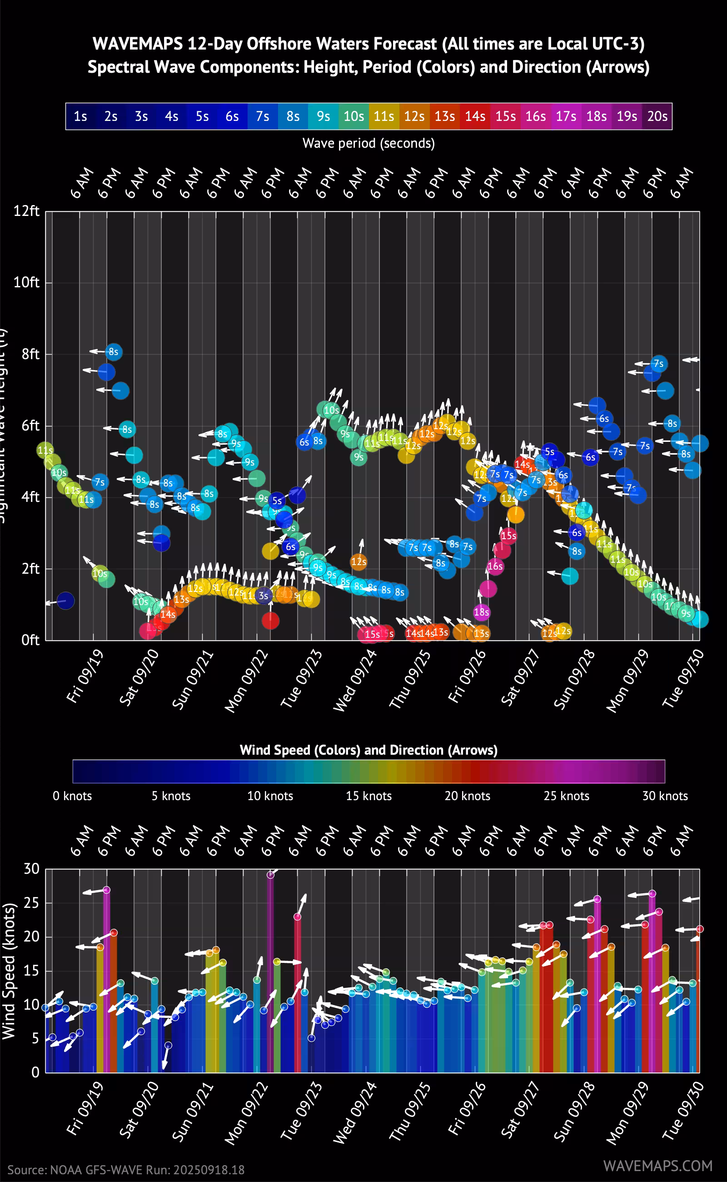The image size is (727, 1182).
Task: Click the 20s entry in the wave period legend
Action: click(657, 116)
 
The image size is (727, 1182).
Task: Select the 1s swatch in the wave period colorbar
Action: click(80, 116)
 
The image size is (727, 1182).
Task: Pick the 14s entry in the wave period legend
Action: click(474, 116)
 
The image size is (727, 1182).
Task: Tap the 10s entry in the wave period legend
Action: click(354, 116)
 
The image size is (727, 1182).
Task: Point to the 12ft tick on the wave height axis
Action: click(26, 211)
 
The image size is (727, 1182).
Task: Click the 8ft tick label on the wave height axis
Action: click(30, 354)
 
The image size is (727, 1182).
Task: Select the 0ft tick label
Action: click(30, 640)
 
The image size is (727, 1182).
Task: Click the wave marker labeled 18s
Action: click(481, 612)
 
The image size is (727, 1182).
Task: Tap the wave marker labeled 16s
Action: click(495, 566)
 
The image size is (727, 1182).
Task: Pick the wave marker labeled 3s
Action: click(264, 596)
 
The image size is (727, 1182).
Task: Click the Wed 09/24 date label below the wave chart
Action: click(355, 680)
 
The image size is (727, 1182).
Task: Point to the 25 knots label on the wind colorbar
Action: click(567, 796)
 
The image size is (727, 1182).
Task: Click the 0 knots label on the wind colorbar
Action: click(72, 796)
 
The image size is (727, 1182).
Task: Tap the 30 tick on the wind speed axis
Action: click(32, 868)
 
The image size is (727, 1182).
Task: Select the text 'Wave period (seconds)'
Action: click(368, 143)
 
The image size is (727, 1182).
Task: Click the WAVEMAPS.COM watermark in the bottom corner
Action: click(658, 1166)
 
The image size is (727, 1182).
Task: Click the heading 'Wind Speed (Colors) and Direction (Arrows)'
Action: click(368, 750)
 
